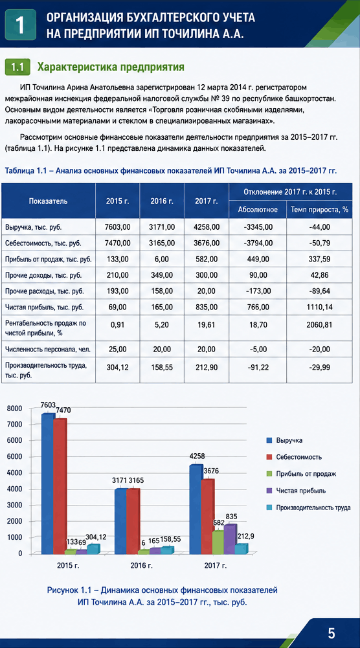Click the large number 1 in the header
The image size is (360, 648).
[x=20, y=25]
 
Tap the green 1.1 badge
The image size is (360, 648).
[x=17, y=67]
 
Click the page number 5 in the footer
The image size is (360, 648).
[x=332, y=632]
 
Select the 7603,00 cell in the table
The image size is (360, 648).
[x=118, y=227]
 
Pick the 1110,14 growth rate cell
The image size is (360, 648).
[x=319, y=307]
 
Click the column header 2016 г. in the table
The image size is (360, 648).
[x=162, y=201]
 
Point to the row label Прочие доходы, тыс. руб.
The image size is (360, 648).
[x=43, y=275]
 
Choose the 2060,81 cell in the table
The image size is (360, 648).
[x=319, y=324]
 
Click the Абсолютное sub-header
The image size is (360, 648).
[x=258, y=210]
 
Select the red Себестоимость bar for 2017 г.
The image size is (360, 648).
[x=208, y=516]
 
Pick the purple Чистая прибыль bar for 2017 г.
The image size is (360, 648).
[x=231, y=539]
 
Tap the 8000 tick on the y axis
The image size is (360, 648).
[x=15, y=408]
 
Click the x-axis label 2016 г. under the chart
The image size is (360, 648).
[x=141, y=566]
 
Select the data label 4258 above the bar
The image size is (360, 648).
[x=197, y=456]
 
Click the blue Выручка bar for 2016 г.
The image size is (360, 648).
[x=121, y=521]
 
